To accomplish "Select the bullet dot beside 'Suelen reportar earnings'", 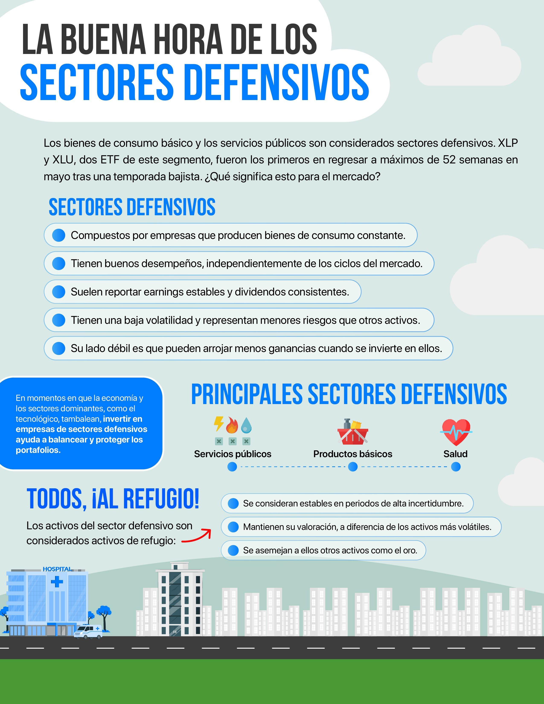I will coord(59,292).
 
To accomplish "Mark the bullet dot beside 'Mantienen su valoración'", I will coord(233,527).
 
